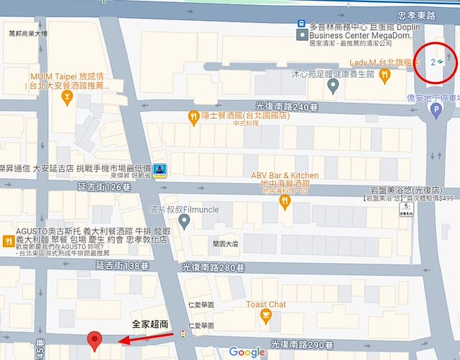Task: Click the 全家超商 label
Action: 149,325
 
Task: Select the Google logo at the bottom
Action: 247,352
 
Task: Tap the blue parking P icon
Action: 436,110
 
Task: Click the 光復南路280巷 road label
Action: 213,267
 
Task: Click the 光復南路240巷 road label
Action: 287,106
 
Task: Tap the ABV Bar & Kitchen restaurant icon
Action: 285,202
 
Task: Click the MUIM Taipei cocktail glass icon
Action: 68,98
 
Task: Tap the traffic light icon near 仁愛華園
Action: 184,333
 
